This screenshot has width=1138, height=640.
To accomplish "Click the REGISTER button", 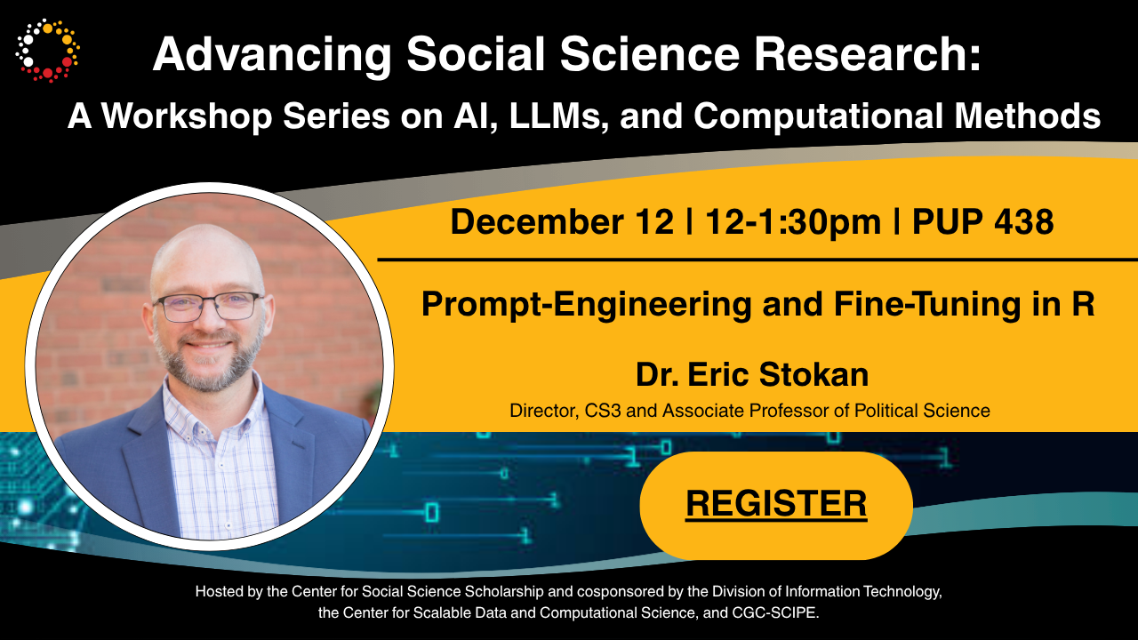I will (x=776, y=504).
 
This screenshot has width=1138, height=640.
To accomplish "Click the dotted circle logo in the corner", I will (x=47, y=50).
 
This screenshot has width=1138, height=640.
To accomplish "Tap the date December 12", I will (x=562, y=221).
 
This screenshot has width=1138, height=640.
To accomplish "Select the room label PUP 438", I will (x=983, y=221).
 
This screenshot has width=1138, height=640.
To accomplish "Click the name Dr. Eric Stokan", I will (x=752, y=374).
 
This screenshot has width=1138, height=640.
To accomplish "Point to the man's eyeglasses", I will (x=209, y=307).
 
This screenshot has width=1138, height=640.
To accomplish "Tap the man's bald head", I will (x=206, y=253).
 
